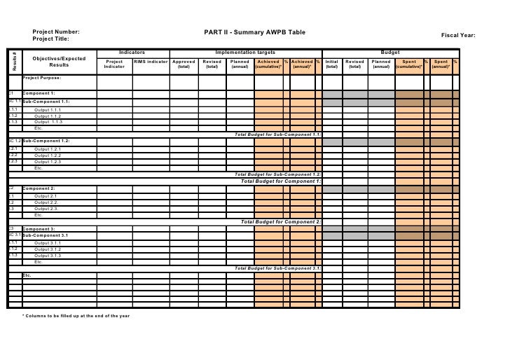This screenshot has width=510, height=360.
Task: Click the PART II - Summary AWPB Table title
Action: tap(255, 32)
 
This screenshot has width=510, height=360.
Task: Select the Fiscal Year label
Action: tap(458, 35)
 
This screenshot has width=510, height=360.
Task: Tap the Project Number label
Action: tap(56, 32)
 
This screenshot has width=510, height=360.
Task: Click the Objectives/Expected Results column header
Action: tap(59, 62)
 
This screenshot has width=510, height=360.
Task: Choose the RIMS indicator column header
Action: tap(151, 62)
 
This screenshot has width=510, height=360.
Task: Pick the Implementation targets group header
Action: tap(245, 53)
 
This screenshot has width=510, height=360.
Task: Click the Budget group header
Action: tap(390, 53)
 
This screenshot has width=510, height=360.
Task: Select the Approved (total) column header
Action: tap(184, 64)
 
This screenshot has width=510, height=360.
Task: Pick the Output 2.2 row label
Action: tap(46, 202)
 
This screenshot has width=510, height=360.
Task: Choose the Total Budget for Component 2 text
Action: tap(281, 221)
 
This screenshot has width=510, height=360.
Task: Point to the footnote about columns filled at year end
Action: tap(76, 317)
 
